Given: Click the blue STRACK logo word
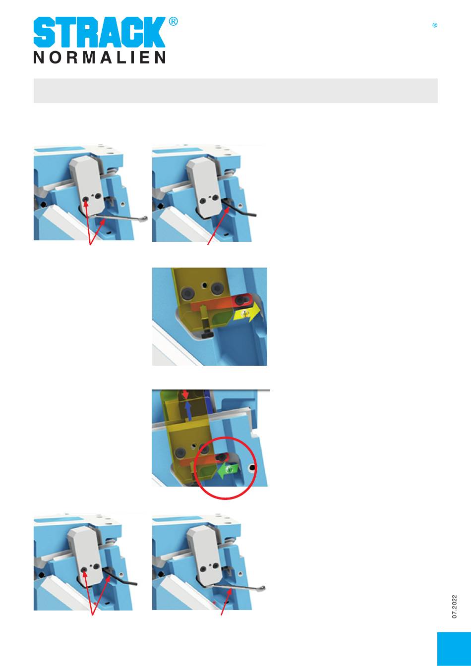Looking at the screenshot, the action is [x=99, y=32].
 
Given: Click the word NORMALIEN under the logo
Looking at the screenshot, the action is [x=99, y=57].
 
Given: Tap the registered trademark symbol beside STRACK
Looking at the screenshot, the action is [x=173, y=21].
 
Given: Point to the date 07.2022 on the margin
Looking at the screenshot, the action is [x=454, y=607].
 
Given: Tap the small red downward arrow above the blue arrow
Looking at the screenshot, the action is [x=185, y=394].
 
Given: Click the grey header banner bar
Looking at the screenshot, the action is [x=235, y=91].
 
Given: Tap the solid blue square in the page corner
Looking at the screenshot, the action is [x=454, y=649].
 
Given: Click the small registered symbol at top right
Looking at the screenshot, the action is [x=435, y=25].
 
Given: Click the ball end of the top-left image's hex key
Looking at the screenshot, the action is [x=144, y=219].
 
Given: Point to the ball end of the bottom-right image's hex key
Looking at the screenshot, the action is [x=262, y=588].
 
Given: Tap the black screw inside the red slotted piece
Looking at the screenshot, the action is [x=239, y=301].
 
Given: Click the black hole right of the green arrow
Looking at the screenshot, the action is [x=252, y=468].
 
